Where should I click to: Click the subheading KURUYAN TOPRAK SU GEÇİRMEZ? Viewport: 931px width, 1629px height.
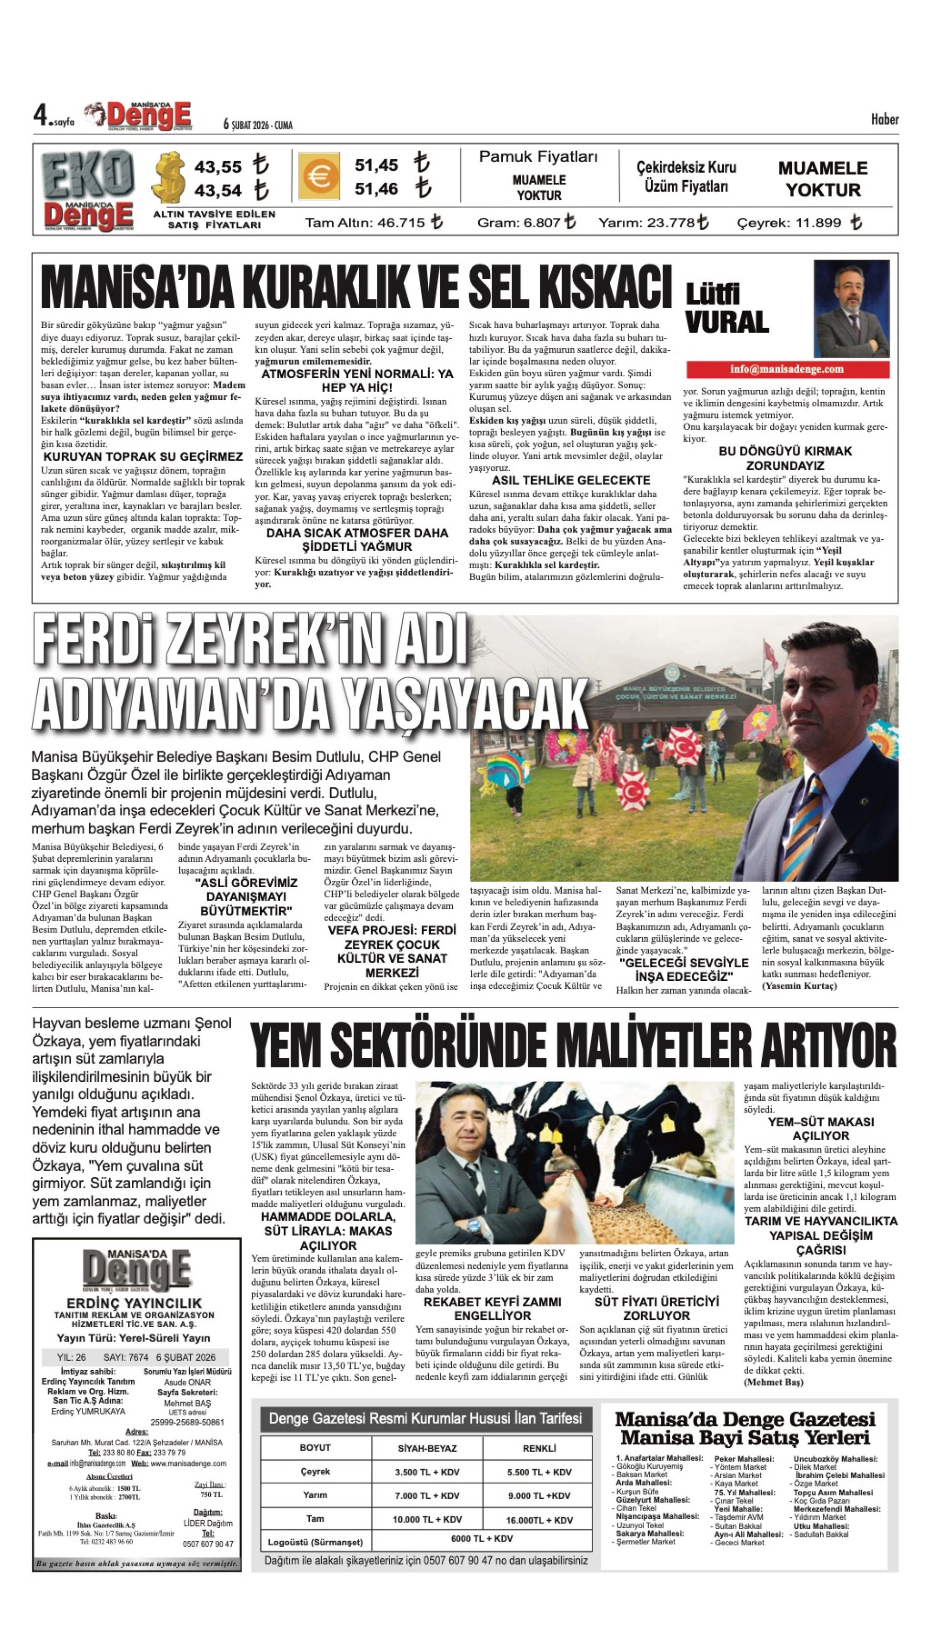click(x=143, y=457)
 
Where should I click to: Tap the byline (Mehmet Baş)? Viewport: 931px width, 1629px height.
click(x=773, y=1382)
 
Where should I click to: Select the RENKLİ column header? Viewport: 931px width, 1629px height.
click(x=539, y=1448)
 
